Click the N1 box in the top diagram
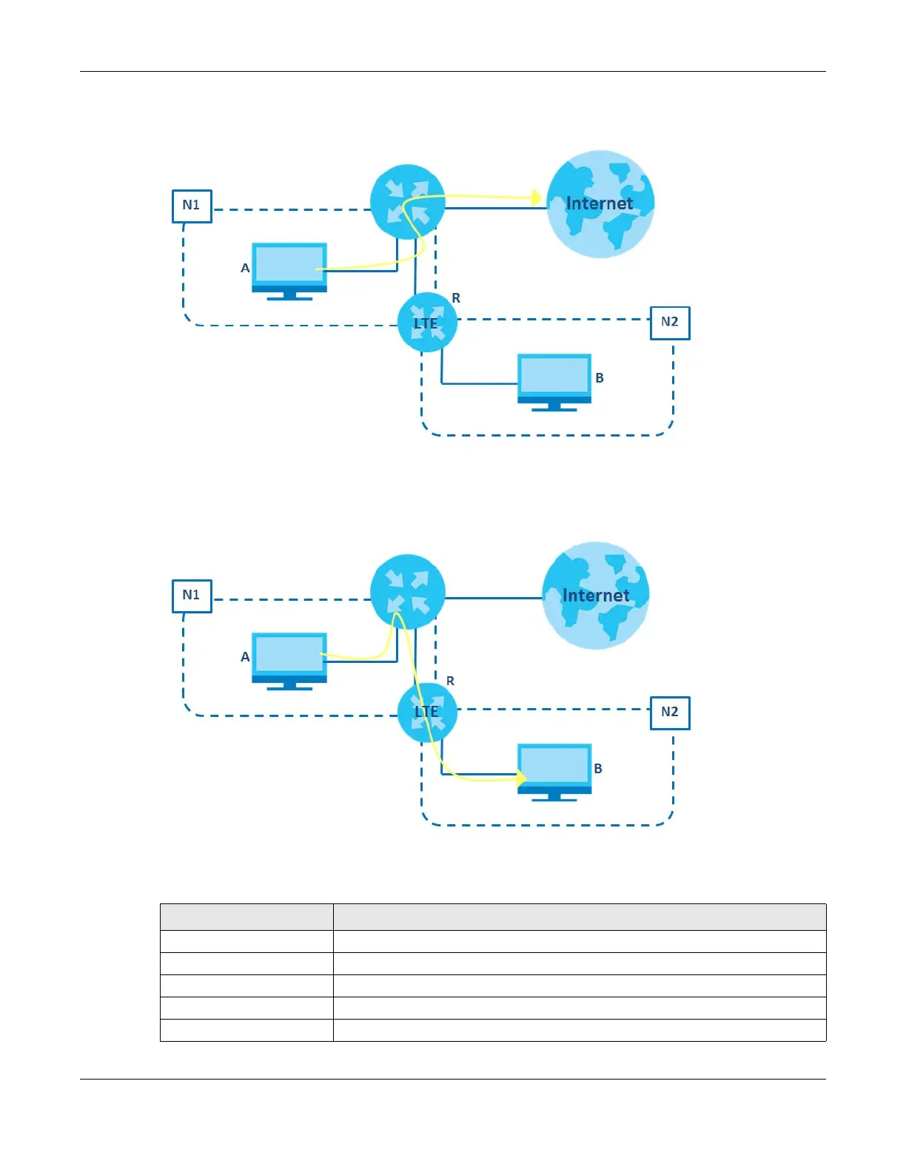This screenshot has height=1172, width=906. pos(192,206)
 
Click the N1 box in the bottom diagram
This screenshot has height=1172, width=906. pos(192,596)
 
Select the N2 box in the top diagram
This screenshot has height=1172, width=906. pos(669,323)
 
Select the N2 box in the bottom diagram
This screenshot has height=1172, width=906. pos(669,713)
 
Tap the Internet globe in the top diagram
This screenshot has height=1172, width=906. pos(600,204)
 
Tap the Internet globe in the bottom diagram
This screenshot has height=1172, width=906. pos(596,595)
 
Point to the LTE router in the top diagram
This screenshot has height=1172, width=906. pos(426,323)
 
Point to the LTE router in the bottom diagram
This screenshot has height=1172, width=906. pos(426,713)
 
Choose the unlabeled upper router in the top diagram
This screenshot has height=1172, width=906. pos(407,201)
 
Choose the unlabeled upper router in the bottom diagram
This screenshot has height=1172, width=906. pos(407,591)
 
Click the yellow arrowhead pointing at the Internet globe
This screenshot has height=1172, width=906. pos(537,198)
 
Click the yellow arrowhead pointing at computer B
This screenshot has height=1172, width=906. pos(521,778)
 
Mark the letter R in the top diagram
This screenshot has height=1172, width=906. pos(456,298)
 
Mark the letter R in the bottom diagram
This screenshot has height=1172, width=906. pos(450,681)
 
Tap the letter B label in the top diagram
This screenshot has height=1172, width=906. pos(600,378)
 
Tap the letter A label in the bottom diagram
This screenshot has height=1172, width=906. pos(245,657)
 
